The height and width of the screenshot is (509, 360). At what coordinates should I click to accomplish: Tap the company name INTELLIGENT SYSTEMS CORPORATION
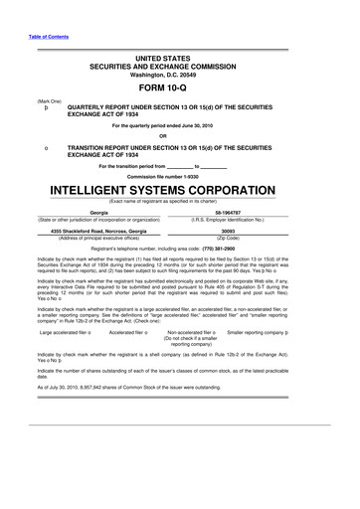pos(179,189)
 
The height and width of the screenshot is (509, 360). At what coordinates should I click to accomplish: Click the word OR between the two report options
pos(179,135)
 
